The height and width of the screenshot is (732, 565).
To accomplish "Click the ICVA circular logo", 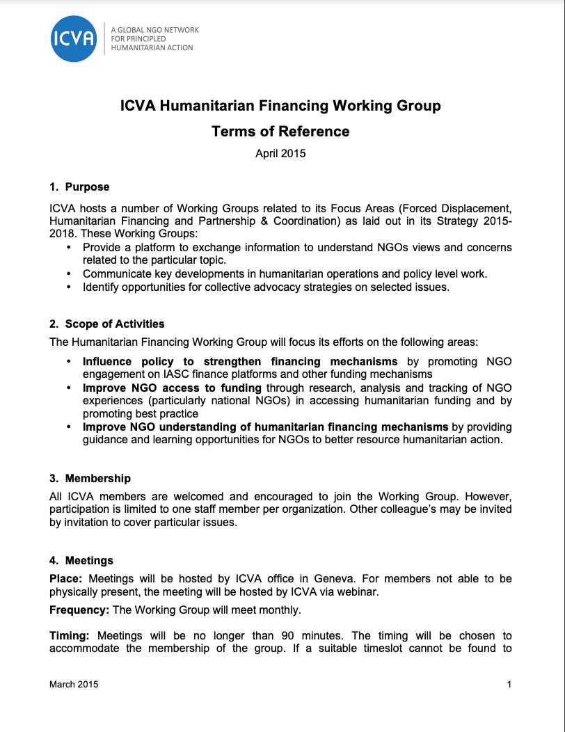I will [73, 38].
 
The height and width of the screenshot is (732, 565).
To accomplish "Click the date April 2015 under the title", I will [280, 154].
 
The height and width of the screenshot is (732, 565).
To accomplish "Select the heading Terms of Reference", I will [280, 131].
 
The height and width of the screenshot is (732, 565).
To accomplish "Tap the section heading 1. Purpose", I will [79, 186].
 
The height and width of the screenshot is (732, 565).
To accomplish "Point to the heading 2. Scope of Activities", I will [107, 324].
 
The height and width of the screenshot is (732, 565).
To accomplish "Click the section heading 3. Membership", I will [90, 478].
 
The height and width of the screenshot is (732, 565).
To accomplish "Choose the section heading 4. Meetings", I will [81, 560].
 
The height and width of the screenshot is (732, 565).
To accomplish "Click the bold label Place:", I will [66, 579].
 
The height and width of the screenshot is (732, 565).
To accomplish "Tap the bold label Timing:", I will [70, 636].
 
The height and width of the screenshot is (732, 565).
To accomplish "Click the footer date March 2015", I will [74, 684].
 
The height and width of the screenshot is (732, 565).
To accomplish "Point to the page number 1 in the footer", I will [509, 684].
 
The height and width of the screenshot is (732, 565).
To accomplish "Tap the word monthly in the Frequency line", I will [281, 610].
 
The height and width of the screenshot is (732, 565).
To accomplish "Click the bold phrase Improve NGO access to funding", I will [172, 388].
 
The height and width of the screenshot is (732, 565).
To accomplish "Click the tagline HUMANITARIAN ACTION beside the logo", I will [152, 48].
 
